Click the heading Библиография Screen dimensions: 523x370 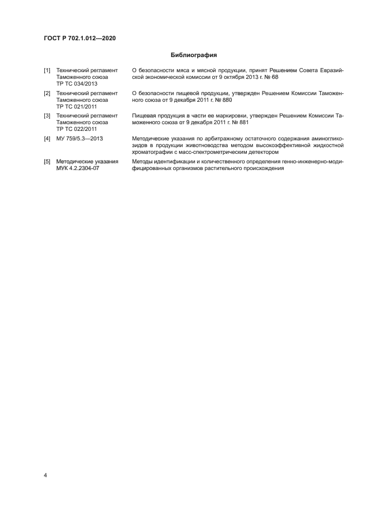(193, 55)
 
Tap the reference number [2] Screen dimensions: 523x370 (47, 93)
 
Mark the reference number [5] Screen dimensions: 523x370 (47, 162)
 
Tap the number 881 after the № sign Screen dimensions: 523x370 (235, 122)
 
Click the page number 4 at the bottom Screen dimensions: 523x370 (45, 475)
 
